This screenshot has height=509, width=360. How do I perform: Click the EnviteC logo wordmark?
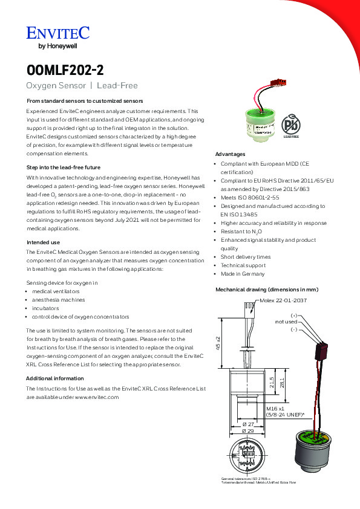[58, 33]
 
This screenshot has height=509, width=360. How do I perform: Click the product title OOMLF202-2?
[65, 70]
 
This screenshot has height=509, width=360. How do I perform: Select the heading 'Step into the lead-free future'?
[64, 167]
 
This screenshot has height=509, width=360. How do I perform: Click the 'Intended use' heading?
[43, 242]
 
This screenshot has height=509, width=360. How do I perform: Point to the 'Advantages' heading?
[230, 154]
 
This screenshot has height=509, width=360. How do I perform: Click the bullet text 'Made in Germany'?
[243, 274]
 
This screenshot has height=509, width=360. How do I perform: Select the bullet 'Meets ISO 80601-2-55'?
[250, 198]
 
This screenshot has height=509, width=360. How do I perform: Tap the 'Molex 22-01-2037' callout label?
[283, 300]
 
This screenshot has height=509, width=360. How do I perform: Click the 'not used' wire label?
[286, 322]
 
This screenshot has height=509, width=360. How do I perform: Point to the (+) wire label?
[293, 316]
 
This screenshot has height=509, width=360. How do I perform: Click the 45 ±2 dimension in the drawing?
[218, 343]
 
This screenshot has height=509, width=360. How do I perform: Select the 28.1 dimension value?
[282, 383]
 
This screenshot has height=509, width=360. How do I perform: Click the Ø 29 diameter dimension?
[248, 431]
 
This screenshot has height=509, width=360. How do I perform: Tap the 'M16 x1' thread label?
[275, 409]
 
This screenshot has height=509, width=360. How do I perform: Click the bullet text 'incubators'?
[45, 308]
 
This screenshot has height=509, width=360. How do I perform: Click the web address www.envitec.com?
[97, 397]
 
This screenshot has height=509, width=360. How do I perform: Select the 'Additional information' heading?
[55, 378]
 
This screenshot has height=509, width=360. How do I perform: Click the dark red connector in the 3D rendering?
[321, 351]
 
